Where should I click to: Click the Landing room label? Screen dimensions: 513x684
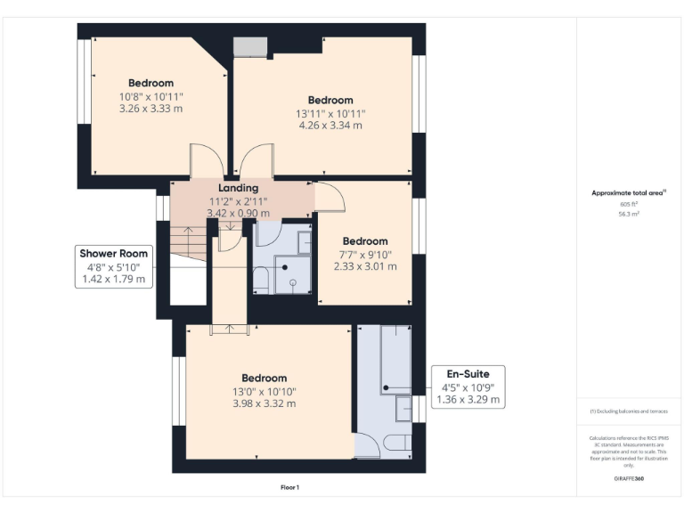pyautogui.click(x=238, y=188)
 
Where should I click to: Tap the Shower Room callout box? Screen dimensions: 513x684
pyautogui.click(x=114, y=266)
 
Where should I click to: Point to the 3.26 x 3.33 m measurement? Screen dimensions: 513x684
pyautogui.click(x=151, y=109)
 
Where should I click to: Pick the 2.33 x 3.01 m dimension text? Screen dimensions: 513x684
pyautogui.click(x=365, y=266)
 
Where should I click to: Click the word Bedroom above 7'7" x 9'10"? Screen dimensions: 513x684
pyautogui.click(x=365, y=241)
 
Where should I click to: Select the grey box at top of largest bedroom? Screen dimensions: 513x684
pyautogui.click(x=249, y=46)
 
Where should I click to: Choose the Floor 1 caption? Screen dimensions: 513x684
pyautogui.click(x=289, y=487)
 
